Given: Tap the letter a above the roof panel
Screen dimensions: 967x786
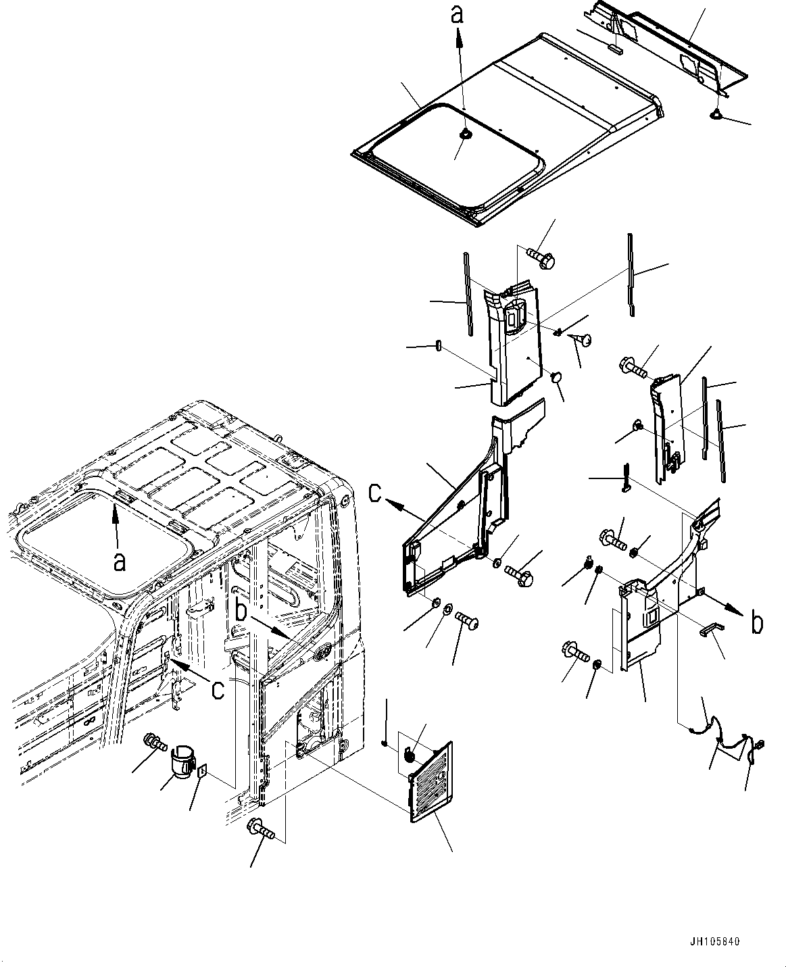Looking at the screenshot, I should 458,15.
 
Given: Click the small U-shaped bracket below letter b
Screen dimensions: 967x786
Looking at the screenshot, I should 710,629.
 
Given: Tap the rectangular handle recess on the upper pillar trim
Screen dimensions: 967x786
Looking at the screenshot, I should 514,316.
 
